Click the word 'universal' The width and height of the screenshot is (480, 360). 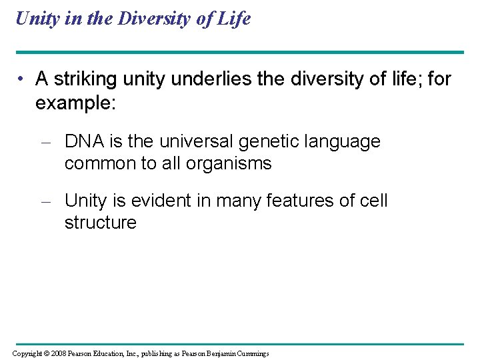click(197, 141)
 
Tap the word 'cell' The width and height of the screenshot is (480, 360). click(372, 201)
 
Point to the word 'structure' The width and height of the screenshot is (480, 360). click(100, 223)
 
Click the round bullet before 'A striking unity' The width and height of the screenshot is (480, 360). click(22, 80)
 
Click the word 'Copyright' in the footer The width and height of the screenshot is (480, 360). click(27, 353)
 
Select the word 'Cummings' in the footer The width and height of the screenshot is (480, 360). click(249, 353)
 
